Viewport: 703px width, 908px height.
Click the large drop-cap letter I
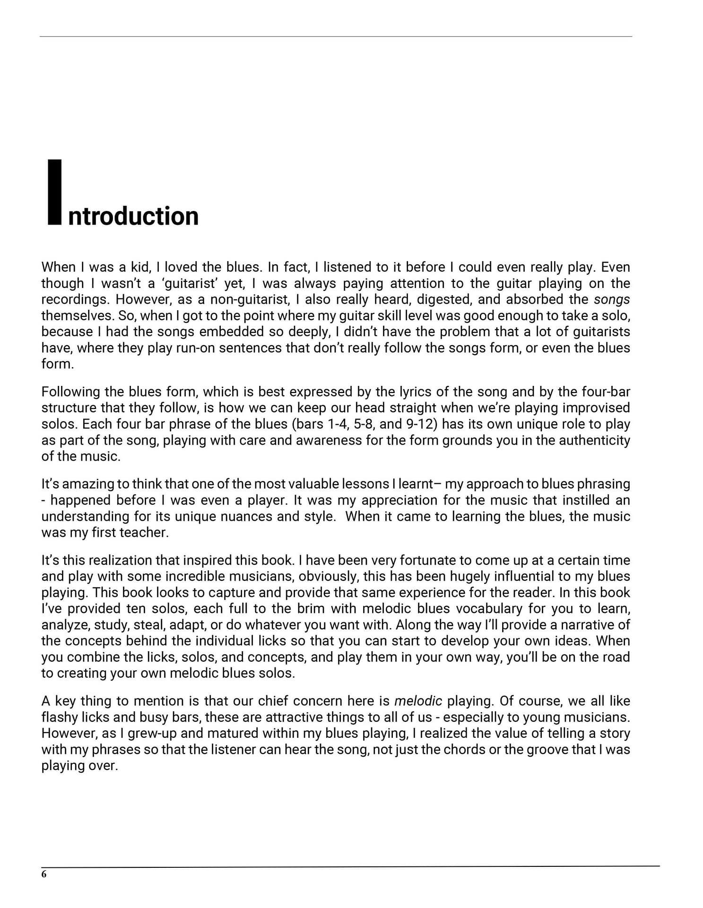coord(55,192)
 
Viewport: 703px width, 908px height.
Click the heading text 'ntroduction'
coord(133,216)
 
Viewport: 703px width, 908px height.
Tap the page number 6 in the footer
coord(44,874)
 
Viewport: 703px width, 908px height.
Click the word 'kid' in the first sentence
coord(140,267)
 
